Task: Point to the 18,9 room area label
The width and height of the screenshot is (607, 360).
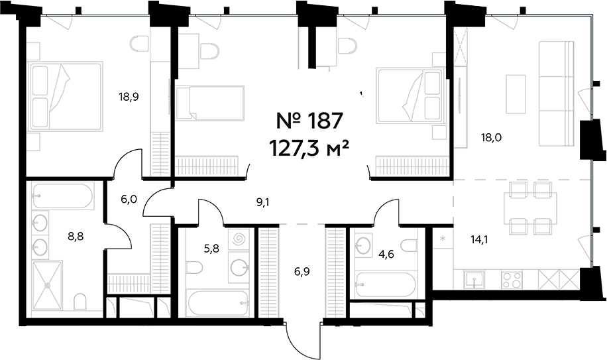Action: coord(129,96)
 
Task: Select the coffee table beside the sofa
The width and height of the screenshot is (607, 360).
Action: coord(516,93)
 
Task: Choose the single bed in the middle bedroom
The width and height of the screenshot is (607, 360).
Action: coord(209,103)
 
